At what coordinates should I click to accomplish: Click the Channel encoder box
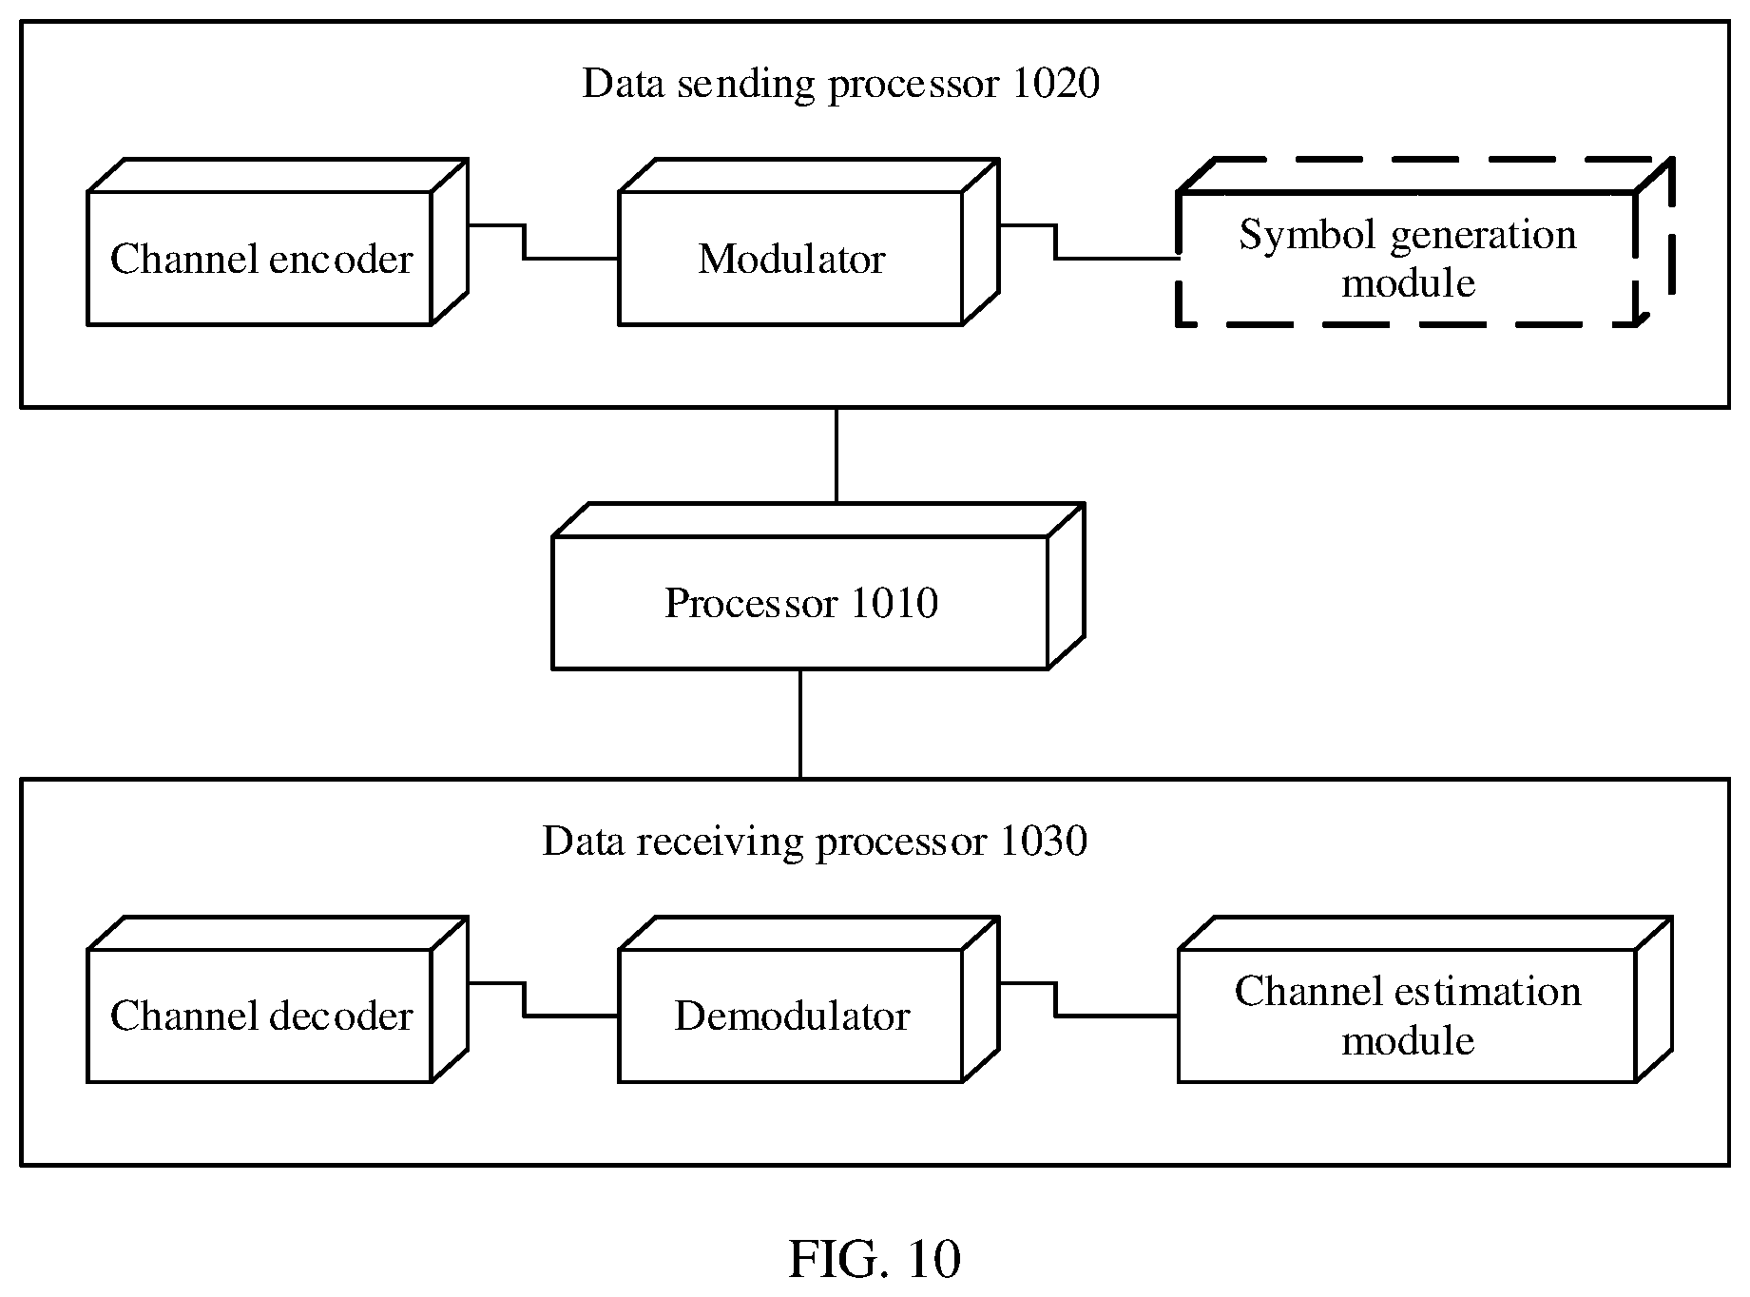click(x=260, y=259)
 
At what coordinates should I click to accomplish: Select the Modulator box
click(x=791, y=259)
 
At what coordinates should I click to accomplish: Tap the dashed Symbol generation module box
click(x=1407, y=259)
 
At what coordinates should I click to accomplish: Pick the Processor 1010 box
click(x=800, y=603)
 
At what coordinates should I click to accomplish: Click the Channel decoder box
click(x=260, y=1016)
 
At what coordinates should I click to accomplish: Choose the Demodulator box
click(x=791, y=1016)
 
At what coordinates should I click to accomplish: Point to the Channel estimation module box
click(x=1407, y=1016)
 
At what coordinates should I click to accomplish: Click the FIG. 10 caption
click(x=875, y=1259)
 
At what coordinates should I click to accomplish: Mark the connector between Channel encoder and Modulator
click(x=524, y=242)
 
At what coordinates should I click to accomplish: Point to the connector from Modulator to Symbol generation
click(x=1055, y=242)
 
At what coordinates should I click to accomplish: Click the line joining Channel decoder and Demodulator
click(x=524, y=999)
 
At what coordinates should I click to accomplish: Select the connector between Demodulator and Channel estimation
click(x=1055, y=999)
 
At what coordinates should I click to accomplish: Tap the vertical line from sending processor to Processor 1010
click(x=837, y=455)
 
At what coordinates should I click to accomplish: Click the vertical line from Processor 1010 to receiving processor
click(x=800, y=724)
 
